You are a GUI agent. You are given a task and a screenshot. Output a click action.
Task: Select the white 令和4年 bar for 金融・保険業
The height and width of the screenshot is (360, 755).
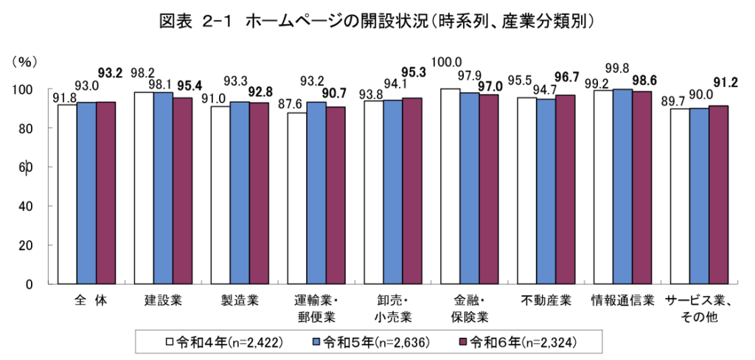coord(450,186)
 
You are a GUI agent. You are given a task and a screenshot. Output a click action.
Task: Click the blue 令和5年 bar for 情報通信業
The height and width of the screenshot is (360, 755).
coord(622,186)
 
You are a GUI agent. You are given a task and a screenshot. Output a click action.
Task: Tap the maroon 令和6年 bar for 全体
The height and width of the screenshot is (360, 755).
coord(105,193)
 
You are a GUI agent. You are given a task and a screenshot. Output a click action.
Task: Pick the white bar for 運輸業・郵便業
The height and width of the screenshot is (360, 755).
coord(296,198)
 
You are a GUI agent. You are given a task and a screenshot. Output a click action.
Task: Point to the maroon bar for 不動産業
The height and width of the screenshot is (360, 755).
coord(565,189)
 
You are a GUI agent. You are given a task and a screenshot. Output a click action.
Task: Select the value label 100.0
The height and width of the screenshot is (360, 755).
coord(448,62)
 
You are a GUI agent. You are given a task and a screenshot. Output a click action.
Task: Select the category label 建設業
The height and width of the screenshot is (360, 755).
coord(163,301)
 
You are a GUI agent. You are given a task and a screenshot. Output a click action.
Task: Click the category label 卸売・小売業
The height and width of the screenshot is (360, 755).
coord(392,309)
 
